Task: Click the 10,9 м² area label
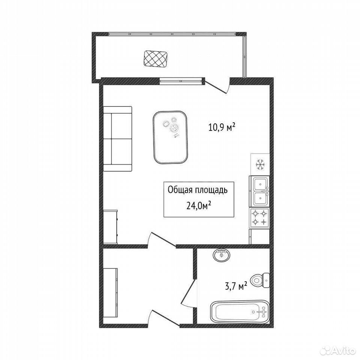(222, 127)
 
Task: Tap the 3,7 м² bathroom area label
(236, 286)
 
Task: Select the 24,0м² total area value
(199, 206)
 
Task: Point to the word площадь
(211, 190)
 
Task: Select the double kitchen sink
(259, 192)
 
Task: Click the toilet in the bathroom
(260, 280)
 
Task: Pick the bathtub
(240, 312)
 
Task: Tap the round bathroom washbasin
(222, 255)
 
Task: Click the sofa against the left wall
(117, 139)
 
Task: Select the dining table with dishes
(170, 137)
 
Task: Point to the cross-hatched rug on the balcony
(155, 59)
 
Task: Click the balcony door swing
(217, 86)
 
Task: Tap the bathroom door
(189, 292)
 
